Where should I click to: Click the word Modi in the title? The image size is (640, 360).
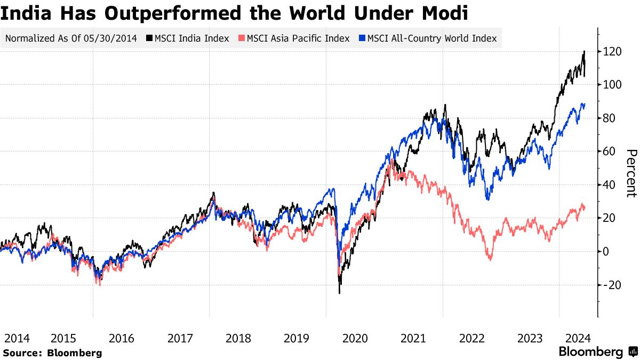443,13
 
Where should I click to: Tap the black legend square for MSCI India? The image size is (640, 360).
150,38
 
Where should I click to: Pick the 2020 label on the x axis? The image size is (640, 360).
355,338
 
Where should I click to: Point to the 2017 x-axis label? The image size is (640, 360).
180,338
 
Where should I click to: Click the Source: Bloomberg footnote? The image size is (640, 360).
52,353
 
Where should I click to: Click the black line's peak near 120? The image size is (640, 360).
585,51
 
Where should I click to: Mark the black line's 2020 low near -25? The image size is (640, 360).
339,293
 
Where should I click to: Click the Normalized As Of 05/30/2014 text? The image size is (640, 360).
71,38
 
